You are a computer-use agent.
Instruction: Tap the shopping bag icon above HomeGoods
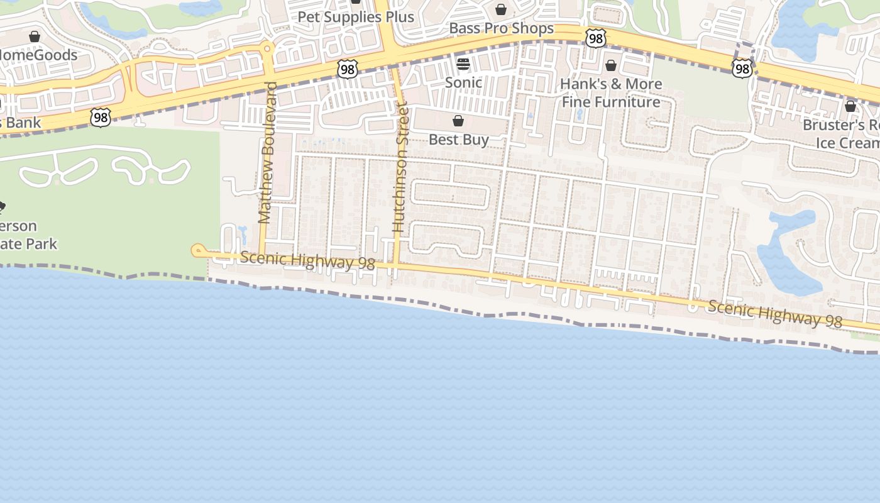(35, 36)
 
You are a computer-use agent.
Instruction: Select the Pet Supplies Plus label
(356, 17)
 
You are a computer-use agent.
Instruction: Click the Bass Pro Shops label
(501, 28)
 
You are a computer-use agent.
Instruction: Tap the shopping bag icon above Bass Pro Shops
(501, 9)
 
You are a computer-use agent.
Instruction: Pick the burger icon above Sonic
(463, 64)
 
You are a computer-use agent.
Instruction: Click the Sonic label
(463, 82)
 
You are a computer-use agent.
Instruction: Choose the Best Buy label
(458, 140)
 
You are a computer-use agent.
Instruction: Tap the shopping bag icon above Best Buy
(458, 121)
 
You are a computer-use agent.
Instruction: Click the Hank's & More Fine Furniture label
(611, 93)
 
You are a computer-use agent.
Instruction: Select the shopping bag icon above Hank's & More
(610, 65)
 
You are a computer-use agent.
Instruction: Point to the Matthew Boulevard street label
(267, 153)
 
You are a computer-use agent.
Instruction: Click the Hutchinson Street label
(400, 168)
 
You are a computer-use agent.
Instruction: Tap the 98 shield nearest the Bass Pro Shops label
(595, 38)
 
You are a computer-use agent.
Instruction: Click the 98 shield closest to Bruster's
(742, 68)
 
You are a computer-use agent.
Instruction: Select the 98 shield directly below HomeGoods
(100, 117)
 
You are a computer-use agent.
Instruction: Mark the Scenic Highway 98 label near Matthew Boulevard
(307, 261)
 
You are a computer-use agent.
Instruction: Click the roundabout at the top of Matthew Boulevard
(268, 48)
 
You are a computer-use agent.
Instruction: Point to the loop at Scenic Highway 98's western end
(197, 251)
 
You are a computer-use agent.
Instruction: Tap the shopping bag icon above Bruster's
(850, 106)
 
